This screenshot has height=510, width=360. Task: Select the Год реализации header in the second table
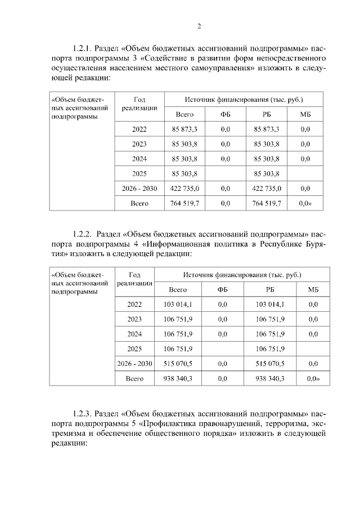coord(135,280)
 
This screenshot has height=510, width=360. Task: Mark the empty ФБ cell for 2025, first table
coord(226,173)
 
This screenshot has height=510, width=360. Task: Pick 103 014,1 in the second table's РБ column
coord(270,304)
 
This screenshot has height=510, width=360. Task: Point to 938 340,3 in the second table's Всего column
coord(178,378)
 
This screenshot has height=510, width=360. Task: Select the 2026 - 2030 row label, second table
coord(135,364)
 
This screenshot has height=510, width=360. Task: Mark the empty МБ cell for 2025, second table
coord(313,348)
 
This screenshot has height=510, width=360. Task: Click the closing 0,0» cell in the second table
coord(313,378)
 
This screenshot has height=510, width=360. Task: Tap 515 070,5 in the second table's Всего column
coord(178,364)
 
